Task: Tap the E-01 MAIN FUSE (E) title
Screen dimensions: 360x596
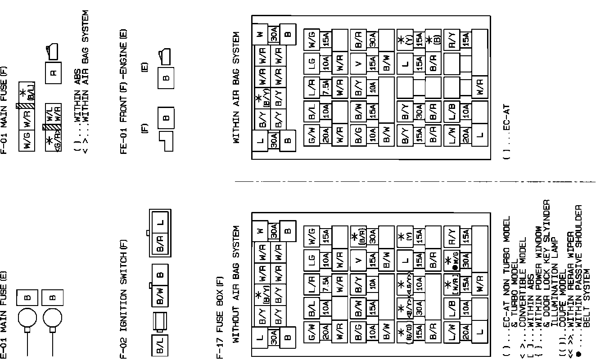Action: [x=4, y=315]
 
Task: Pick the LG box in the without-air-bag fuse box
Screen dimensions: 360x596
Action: [x=312, y=261]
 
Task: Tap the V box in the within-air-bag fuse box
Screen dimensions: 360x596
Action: [x=358, y=63]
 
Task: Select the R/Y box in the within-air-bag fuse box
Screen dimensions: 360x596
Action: [x=452, y=40]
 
